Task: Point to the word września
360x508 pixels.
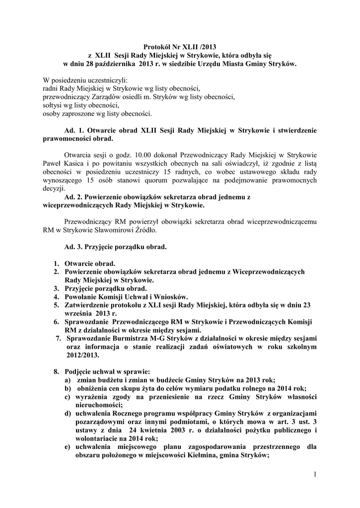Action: [81, 314]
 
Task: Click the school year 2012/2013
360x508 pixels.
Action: [82, 356]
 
